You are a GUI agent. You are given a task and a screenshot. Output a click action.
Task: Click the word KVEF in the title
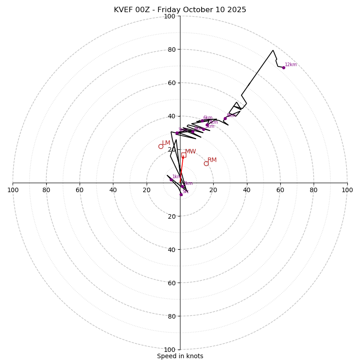(123, 10)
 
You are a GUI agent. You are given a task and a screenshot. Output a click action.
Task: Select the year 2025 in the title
(237, 10)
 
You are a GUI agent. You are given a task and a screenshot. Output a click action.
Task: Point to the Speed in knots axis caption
(180, 356)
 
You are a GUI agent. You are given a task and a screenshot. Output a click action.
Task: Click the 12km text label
(291, 65)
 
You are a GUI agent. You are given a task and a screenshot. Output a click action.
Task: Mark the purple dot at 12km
(283, 67)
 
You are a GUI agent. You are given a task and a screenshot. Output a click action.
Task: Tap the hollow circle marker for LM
(161, 146)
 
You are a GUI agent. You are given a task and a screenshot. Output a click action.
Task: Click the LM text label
(166, 143)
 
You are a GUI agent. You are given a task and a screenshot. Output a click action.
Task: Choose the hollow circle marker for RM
(206, 163)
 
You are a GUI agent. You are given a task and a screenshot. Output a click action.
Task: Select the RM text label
(212, 160)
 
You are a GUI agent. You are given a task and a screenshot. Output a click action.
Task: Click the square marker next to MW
(184, 155)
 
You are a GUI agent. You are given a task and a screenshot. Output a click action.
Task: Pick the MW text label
(190, 152)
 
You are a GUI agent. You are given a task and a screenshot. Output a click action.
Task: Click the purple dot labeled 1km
(171, 180)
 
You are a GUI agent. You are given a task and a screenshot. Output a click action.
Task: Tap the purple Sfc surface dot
(181, 194)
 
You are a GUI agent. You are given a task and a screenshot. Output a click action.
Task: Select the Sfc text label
(185, 192)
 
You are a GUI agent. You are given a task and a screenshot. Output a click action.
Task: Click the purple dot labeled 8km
(225, 119)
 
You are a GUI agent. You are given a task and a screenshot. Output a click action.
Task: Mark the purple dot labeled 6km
(202, 121)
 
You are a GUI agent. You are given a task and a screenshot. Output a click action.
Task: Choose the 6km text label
(207, 118)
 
